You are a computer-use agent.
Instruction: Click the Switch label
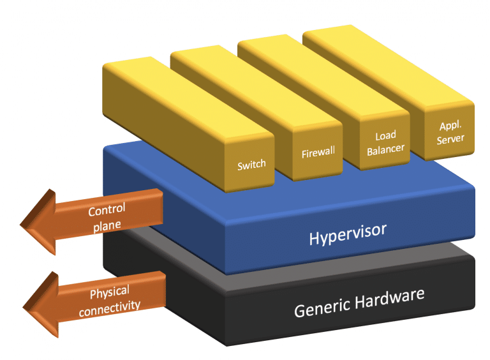point(251,165)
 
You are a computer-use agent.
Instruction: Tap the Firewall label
point(318,153)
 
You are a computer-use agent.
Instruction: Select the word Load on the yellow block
point(385,136)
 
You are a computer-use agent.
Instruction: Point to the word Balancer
point(385,150)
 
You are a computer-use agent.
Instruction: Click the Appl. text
point(450,126)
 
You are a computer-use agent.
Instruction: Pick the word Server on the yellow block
point(450,139)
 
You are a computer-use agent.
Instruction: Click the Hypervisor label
point(348,234)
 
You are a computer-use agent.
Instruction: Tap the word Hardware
point(390,299)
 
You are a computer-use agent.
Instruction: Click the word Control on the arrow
point(107,209)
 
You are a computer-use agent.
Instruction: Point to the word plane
point(107,226)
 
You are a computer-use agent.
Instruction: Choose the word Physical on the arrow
point(110,292)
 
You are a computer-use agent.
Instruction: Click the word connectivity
point(110,309)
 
